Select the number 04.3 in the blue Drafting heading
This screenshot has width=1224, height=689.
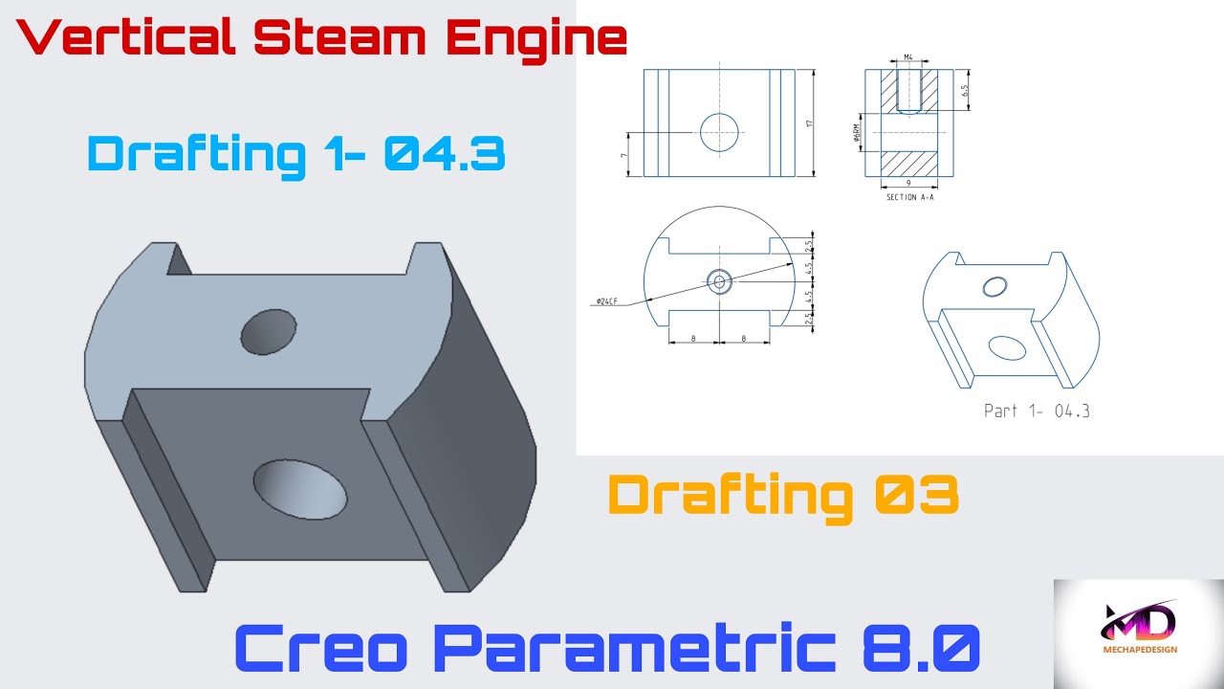(445, 153)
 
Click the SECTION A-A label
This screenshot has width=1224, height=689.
(909, 197)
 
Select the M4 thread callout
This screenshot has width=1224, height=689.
(908, 58)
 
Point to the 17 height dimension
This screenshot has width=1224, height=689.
(809, 122)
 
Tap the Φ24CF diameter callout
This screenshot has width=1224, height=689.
(606, 301)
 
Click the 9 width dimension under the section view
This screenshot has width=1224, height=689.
(907, 182)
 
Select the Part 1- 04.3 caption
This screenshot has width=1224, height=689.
(1037, 411)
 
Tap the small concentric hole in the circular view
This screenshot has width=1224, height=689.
(719, 281)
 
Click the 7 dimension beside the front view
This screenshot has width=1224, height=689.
(623, 154)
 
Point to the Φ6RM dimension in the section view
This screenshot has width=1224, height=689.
(859, 131)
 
